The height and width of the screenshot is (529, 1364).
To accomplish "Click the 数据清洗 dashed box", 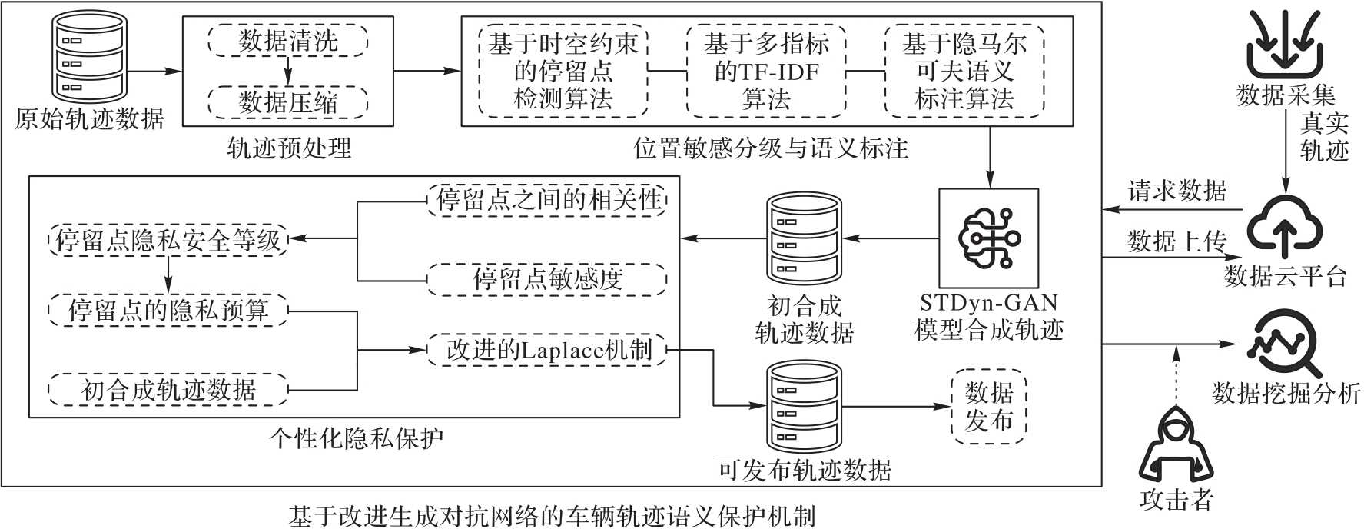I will [x=288, y=40].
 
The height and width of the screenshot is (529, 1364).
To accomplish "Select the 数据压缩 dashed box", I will [x=288, y=101].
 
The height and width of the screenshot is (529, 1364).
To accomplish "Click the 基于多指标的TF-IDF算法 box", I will [x=766, y=71].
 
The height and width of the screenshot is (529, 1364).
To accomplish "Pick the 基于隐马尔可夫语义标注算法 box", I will [x=964, y=71].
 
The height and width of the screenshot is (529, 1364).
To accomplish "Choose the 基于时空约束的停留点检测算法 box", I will [x=563, y=71].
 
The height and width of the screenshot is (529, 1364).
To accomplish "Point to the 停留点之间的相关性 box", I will [x=547, y=201].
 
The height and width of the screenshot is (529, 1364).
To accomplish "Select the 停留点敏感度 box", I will [x=547, y=279].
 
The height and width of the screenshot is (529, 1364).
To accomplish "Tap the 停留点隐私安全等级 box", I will [x=168, y=241].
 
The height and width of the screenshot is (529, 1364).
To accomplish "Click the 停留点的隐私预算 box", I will [x=168, y=311].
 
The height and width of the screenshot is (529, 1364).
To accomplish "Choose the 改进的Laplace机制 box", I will [x=547, y=350].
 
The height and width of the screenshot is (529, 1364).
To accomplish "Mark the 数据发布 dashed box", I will [x=989, y=406].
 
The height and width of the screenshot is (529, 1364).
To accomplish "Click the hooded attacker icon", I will [x=1176, y=446].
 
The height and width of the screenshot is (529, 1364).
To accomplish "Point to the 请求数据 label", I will [x=1177, y=190].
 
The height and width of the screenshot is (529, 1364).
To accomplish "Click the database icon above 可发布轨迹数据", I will [x=803, y=408].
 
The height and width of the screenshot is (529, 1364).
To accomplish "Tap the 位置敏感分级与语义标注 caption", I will [x=771, y=148].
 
